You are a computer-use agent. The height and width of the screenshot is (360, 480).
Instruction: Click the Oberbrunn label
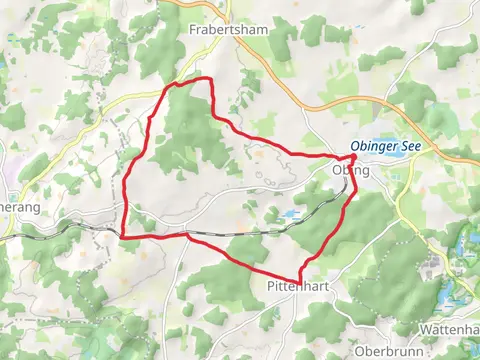click(385, 352)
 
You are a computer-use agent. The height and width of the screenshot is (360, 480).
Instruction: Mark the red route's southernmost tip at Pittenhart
click(299, 280)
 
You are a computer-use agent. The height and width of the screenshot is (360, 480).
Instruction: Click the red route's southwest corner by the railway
click(122, 236)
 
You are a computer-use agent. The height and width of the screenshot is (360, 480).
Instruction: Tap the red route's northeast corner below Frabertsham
click(211, 80)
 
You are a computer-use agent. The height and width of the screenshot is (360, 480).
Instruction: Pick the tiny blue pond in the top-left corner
click(3, 57)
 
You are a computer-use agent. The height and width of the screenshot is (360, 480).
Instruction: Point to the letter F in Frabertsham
click(193, 30)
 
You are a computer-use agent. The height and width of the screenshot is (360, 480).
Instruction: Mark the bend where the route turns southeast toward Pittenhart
click(187, 235)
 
